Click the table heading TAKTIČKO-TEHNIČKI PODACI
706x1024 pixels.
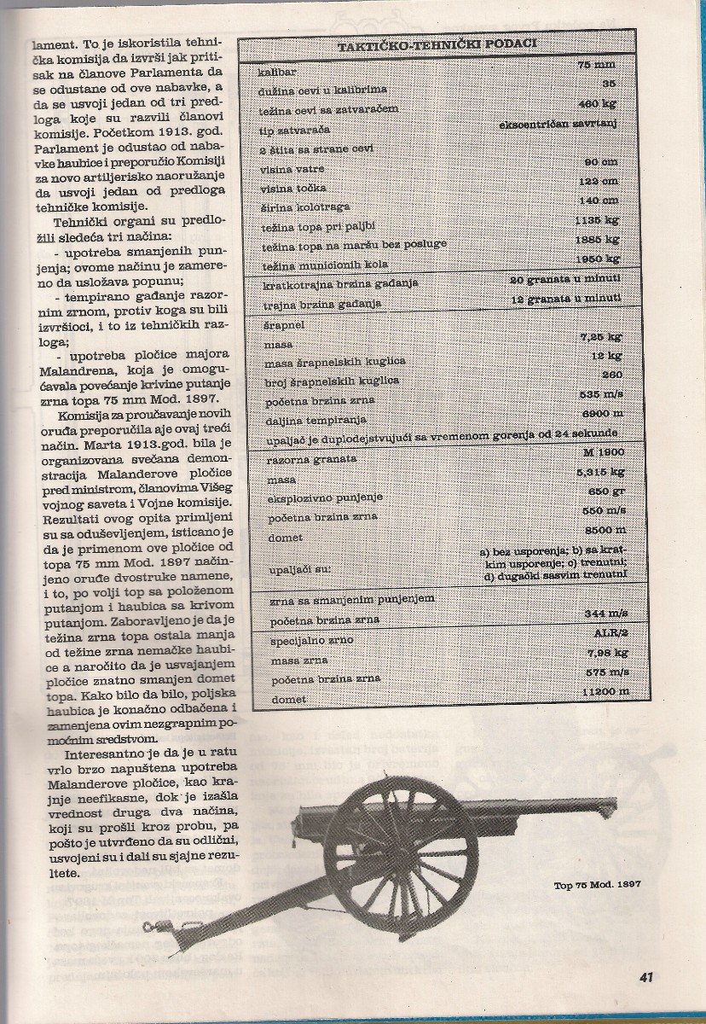432,48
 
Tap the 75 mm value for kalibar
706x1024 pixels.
601,65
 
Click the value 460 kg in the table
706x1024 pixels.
599,104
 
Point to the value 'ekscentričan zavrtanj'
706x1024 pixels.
558,125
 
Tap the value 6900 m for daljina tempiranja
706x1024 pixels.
598,412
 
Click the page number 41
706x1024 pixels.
646,976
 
